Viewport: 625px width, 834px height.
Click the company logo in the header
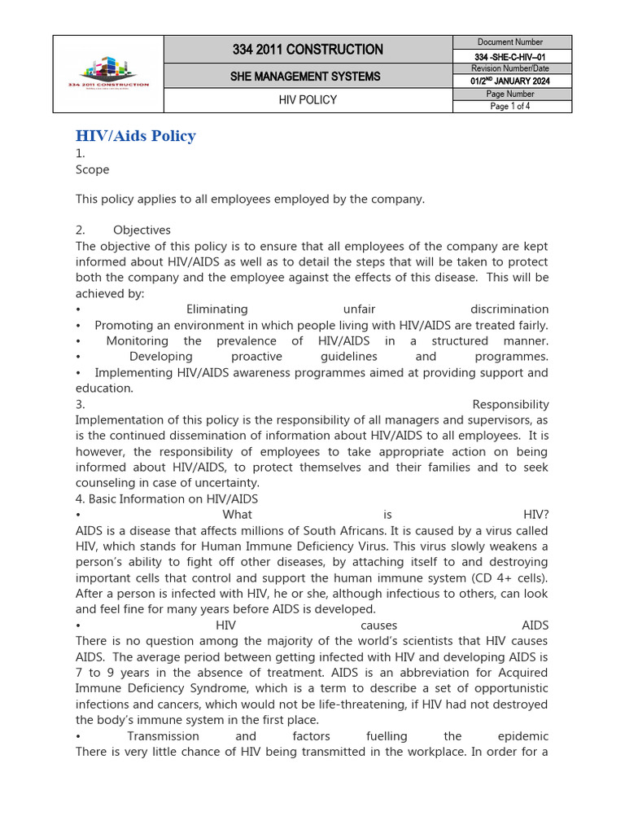tap(108, 74)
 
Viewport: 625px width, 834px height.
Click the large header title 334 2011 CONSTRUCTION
tap(308, 50)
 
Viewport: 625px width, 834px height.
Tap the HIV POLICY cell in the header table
tap(308, 100)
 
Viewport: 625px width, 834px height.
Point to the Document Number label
tap(510, 42)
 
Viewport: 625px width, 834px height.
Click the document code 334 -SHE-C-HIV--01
tap(511, 56)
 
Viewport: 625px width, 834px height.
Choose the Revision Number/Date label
tap(511, 69)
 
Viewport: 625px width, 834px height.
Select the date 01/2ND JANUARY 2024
tap(511, 81)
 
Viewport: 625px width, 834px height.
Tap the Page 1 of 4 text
tap(510, 107)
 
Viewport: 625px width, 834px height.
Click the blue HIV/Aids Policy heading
tap(136, 136)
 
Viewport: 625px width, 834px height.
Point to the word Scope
tap(92, 169)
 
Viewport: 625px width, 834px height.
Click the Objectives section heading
tap(142, 230)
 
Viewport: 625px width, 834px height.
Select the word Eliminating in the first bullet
tap(217, 309)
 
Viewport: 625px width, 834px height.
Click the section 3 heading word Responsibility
tap(510, 405)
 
